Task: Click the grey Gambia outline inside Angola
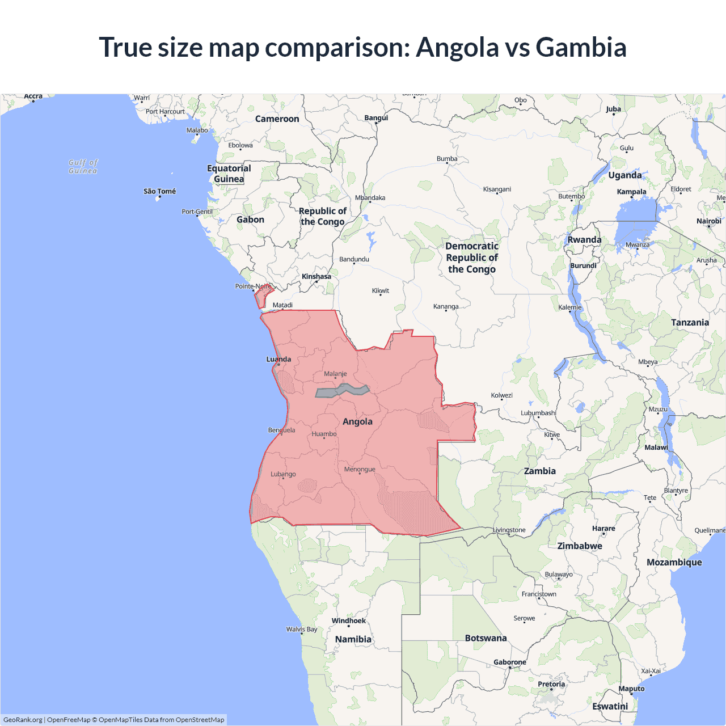click(x=342, y=391)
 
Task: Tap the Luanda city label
click(x=278, y=359)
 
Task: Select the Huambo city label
click(x=324, y=434)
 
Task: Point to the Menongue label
click(x=360, y=469)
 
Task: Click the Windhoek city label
click(x=349, y=621)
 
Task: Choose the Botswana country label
click(x=486, y=638)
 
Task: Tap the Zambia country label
click(x=539, y=471)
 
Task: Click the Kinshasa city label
click(x=316, y=277)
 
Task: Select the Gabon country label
click(x=250, y=220)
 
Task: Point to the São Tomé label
click(x=159, y=191)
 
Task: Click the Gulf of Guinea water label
click(x=83, y=166)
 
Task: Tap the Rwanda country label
click(x=584, y=239)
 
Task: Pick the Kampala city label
click(x=631, y=192)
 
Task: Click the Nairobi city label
click(x=708, y=221)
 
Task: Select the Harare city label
click(x=603, y=528)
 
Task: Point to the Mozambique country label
click(x=674, y=562)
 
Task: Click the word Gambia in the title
click(x=581, y=47)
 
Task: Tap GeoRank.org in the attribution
click(x=23, y=720)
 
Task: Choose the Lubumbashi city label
click(x=538, y=412)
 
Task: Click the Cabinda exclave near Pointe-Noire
click(x=262, y=296)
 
